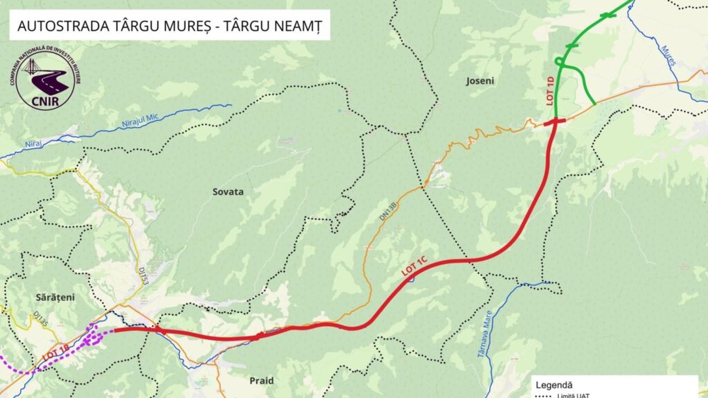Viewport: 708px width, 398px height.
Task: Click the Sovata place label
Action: tap(228, 192)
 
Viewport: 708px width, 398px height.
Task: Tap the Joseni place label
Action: tap(481, 81)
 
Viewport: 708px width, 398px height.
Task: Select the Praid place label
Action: tap(261, 381)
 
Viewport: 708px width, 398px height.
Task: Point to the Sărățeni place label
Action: tap(40, 297)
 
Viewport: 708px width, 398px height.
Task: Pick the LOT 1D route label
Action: tap(550, 91)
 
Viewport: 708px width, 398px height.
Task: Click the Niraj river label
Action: tap(33, 144)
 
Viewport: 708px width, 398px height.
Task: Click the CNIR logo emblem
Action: tap(45, 79)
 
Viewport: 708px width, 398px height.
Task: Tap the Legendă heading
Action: tap(554, 385)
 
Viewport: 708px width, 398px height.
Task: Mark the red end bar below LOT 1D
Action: tap(554, 123)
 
